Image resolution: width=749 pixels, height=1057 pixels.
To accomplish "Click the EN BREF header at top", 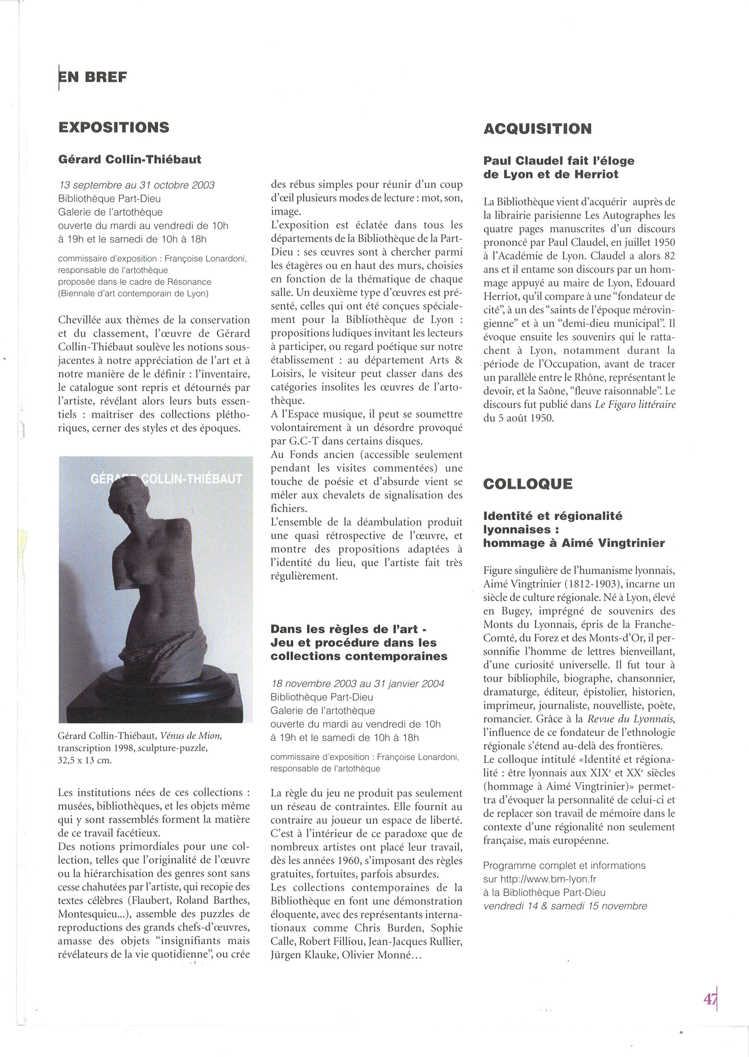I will point(93,77).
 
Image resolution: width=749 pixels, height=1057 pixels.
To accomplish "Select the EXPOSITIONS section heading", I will point(114,127).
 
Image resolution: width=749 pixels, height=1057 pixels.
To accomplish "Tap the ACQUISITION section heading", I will point(537,129).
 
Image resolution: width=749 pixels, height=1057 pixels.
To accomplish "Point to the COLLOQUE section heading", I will point(528,484).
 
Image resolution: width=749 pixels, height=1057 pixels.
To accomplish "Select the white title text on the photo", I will point(166,479).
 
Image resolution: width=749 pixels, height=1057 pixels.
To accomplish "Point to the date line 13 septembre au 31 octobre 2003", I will point(137,185).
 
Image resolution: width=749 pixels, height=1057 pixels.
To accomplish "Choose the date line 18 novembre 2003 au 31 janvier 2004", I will point(357,684).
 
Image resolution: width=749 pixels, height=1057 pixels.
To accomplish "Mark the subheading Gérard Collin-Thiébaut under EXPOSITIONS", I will point(130,160).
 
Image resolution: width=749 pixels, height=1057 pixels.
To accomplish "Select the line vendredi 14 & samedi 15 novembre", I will point(565,906).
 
